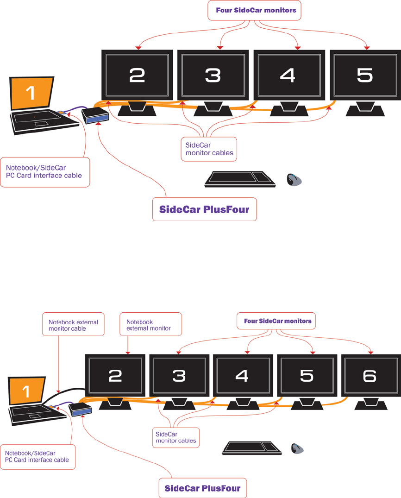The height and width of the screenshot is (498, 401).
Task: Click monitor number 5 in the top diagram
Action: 365,75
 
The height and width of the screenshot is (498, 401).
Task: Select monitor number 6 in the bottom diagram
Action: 370,376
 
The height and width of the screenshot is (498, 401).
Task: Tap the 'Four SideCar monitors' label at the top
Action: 256,10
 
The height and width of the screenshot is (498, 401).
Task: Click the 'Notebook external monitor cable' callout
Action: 73,325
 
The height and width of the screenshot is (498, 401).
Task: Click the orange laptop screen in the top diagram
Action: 31,93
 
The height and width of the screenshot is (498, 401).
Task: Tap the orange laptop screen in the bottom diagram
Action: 26,391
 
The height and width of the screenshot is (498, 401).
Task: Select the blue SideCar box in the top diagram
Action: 95,117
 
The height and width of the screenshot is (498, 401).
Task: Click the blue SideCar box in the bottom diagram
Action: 80,409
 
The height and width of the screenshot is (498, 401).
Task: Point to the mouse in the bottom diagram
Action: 297,448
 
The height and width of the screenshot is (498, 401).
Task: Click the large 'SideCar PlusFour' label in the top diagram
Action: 204,209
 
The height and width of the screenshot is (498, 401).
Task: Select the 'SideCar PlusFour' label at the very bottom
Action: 203,488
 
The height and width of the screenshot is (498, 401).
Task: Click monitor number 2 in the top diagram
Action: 137,75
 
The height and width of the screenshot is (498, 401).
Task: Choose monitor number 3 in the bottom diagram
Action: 179,376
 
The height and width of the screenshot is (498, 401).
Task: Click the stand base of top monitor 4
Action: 288,111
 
